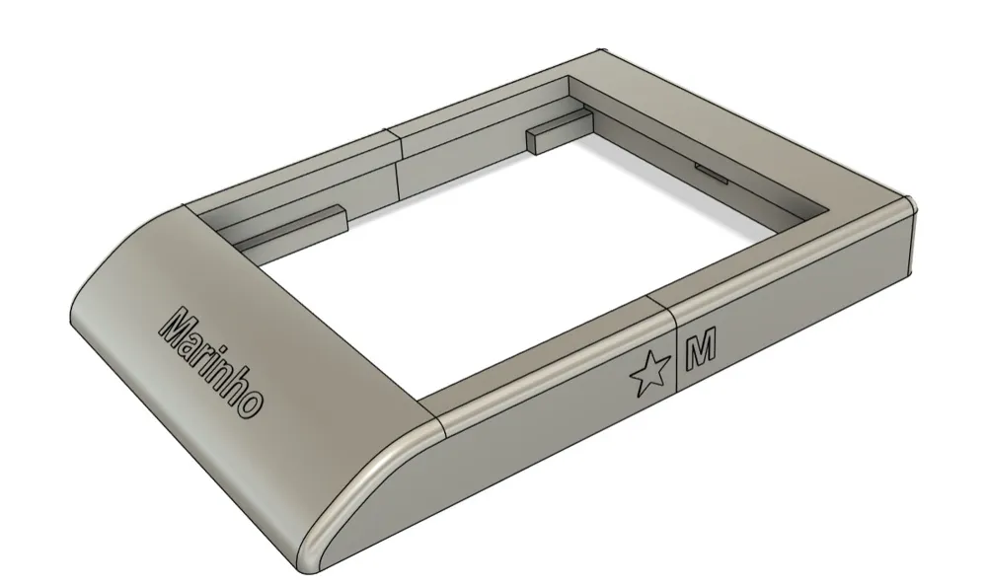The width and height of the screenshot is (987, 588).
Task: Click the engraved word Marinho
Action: [211, 362]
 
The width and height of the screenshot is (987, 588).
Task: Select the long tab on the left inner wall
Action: [293, 225]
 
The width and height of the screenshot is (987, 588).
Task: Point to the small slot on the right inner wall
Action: [712, 173]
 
